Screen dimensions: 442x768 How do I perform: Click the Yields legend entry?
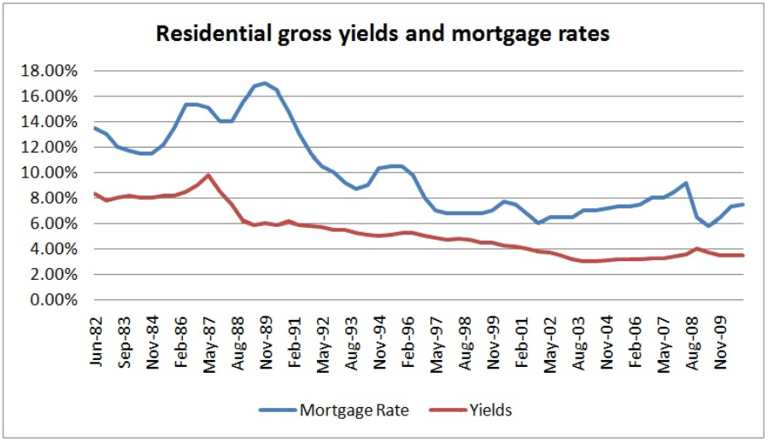pyautogui.click(x=490, y=410)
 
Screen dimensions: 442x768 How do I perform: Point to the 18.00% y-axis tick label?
pyautogui.click(x=52, y=70)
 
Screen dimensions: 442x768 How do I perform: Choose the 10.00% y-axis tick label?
pyautogui.click(x=52, y=172)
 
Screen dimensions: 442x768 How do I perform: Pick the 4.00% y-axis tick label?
pyautogui.click(x=55, y=249)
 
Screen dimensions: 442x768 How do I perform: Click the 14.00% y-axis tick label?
pyautogui.click(x=52, y=121)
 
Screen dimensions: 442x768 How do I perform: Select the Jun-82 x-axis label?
pyautogui.click(x=97, y=340)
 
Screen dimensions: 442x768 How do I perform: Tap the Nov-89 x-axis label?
pyautogui.click(x=267, y=340)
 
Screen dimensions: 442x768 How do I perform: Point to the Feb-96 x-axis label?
pyautogui.click(x=407, y=340)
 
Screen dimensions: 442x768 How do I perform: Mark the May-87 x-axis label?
pyautogui.click(x=209, y=340)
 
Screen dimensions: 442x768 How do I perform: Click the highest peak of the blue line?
pyautogui.click(x=266, y=83)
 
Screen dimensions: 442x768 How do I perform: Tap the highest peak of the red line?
pyautogui.click(x=208, y=175)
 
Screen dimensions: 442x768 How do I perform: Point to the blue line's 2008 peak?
pyautogui.click(x=686, y=183)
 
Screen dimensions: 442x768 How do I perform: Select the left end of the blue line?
pyautogui.click(x=95, y=128)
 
